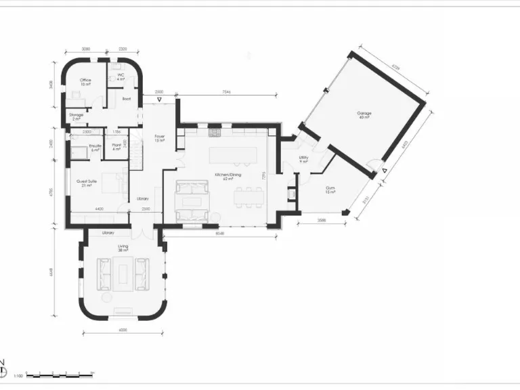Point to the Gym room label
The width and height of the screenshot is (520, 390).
point(330,190)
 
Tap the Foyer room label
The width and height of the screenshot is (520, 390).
point(160,138)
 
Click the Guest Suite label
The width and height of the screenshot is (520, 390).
point(85,183)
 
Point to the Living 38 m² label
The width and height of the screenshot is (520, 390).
point(123,248)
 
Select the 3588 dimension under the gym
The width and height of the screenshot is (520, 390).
point(320,221)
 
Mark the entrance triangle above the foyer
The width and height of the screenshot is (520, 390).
point(159,100)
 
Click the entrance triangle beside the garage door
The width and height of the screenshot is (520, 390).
point(384,171)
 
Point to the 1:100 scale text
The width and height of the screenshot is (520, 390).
point(18,375)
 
